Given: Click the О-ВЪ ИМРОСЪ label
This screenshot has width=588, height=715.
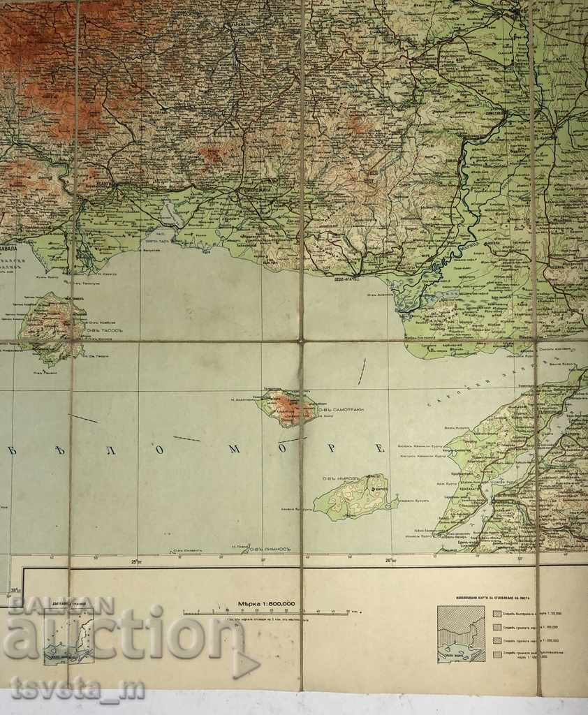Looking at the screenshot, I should coord(339,478).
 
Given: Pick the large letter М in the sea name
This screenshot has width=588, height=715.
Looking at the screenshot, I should coord(235,448).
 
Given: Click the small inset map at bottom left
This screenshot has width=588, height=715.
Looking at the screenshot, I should coord(68,635).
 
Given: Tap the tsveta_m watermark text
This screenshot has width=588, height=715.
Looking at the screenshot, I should coord(78,688).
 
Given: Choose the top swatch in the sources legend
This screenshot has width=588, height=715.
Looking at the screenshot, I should coord(497,614).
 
